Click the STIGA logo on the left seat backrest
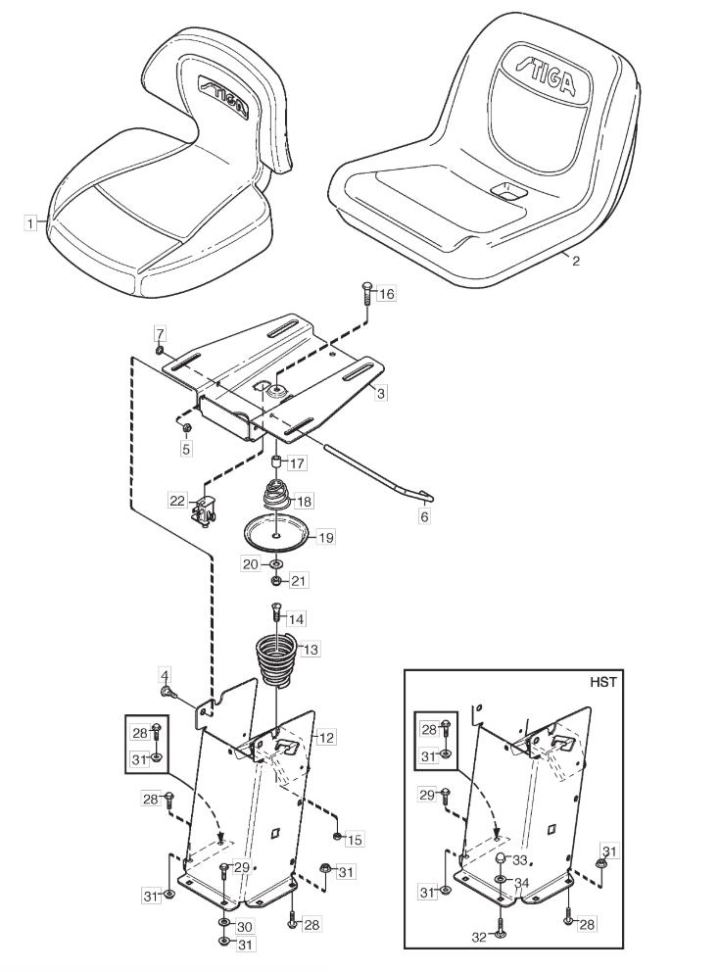pos(223,95)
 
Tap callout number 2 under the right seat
pos(575,261)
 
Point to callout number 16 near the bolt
pos(387,294)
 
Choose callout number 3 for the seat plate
pos(381,392)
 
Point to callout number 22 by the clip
pos(176,501)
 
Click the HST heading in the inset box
pos(604,682)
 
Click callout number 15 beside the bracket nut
pos(355,839)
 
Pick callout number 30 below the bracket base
pos(244,926)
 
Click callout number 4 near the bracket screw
pos(166,675)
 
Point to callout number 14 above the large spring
pos(296,619)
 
